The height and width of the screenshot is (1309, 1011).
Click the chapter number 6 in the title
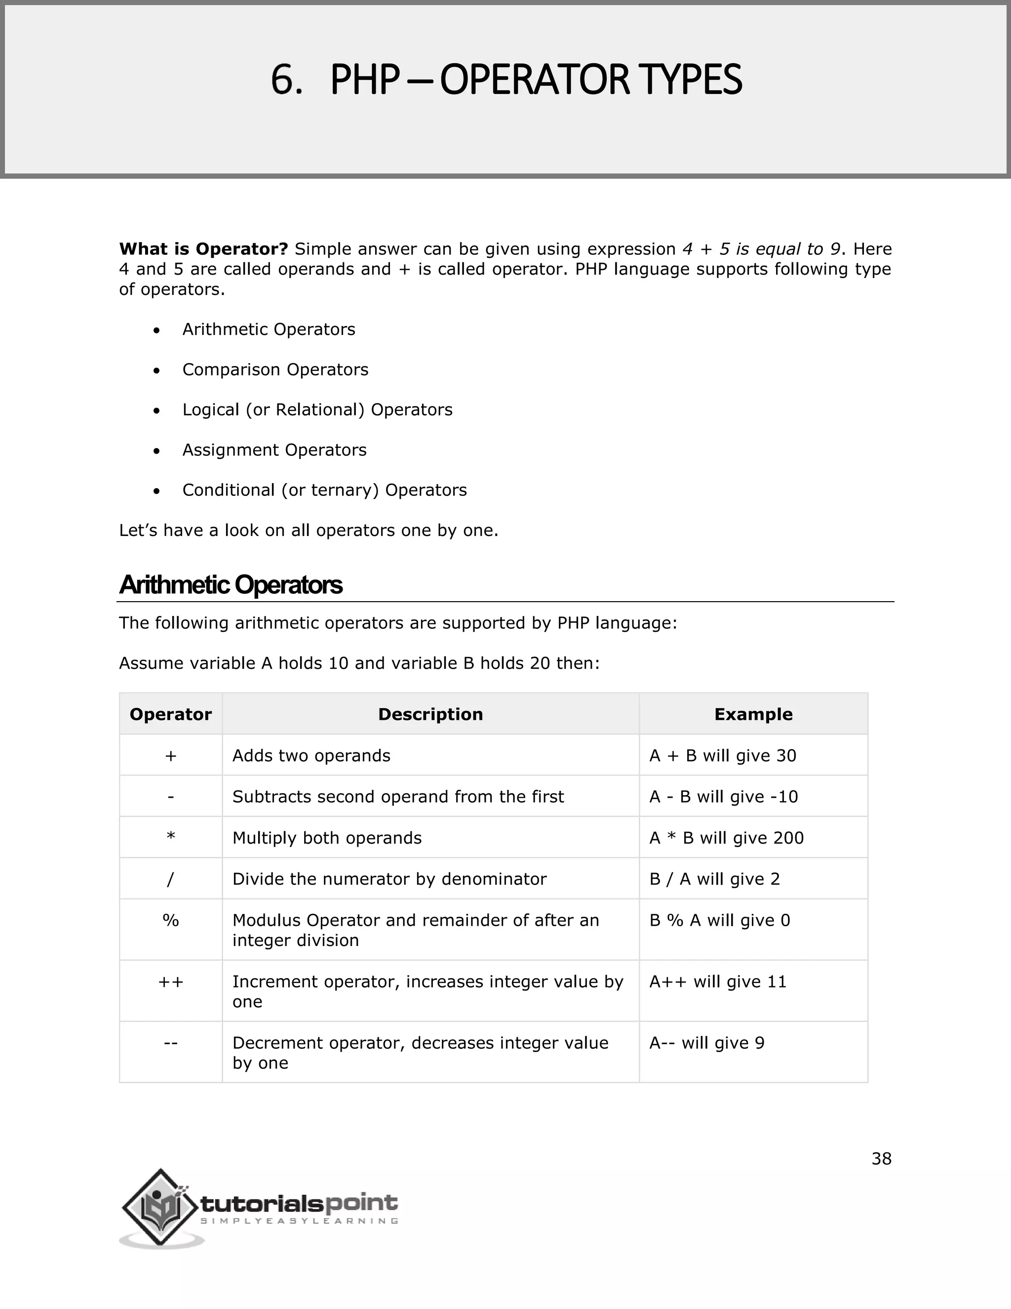click(x=286, y=80)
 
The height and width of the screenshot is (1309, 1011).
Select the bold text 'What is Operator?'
click(x=204, y=249)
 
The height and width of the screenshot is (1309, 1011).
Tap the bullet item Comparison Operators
click(x=275, y=370)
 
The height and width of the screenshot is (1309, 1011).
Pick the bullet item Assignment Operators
click(x=274, y=450)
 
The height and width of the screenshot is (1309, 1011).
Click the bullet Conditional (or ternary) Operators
click(x=324, y=491)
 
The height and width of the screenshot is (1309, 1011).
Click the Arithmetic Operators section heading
click(x=231, y=585)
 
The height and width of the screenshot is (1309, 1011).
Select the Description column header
click(x=430, y=714)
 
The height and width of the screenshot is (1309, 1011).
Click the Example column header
click(x=753, y=714)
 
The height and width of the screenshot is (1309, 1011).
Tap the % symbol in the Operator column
click(x=171, y=920)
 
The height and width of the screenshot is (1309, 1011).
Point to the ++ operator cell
click(x=171, y=982)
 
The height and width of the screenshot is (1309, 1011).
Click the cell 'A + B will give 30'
click(x=722, y=756)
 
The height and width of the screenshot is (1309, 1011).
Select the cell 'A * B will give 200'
click(x=726, y=838)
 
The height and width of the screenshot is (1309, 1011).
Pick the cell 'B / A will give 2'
click(x=714, y=879)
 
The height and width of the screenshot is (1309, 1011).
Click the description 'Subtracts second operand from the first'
click(x=398, y=797)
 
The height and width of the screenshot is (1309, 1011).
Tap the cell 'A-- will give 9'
click(x=707, y=1043)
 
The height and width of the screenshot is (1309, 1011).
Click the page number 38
click(x=881, y=1159)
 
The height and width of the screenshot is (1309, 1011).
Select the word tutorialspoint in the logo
click(x=298, y=1203)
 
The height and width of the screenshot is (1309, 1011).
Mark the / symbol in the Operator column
click(x=171, y=879)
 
